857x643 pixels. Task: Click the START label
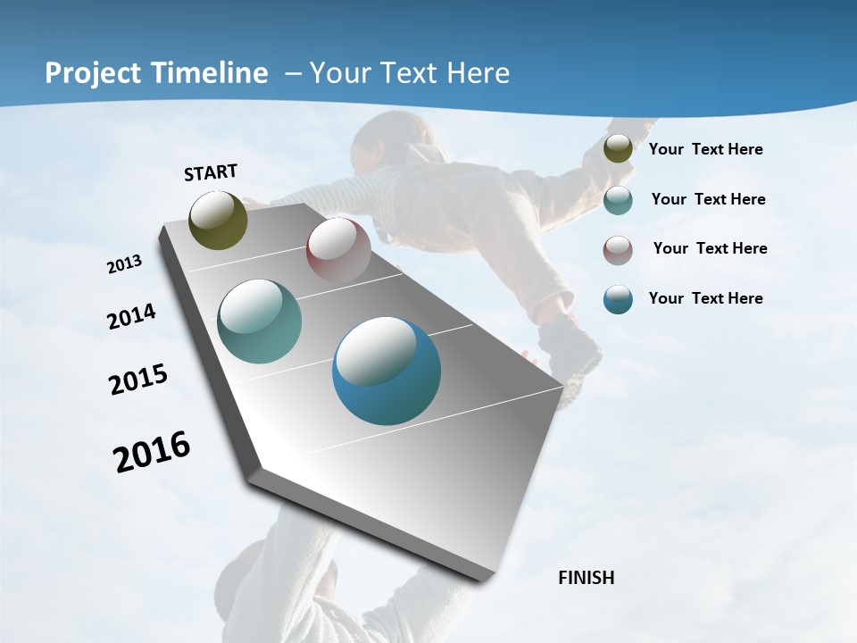211,172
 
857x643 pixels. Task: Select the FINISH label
587,578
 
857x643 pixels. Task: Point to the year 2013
125,264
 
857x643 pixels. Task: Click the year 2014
132,316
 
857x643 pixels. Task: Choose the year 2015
138,380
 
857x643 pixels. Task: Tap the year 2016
152,452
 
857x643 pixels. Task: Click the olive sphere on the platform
219,220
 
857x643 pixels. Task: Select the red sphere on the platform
338,250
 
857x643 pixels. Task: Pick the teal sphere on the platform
260,321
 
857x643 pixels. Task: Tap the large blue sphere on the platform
387,371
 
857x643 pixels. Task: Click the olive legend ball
618,149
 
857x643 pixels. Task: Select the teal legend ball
618,199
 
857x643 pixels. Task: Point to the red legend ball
618,249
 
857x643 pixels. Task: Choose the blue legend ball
618,299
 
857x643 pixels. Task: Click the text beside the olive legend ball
706,149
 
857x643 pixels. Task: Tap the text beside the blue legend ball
706,298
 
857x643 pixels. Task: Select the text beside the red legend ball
711,248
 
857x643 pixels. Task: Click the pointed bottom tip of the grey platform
483,579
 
